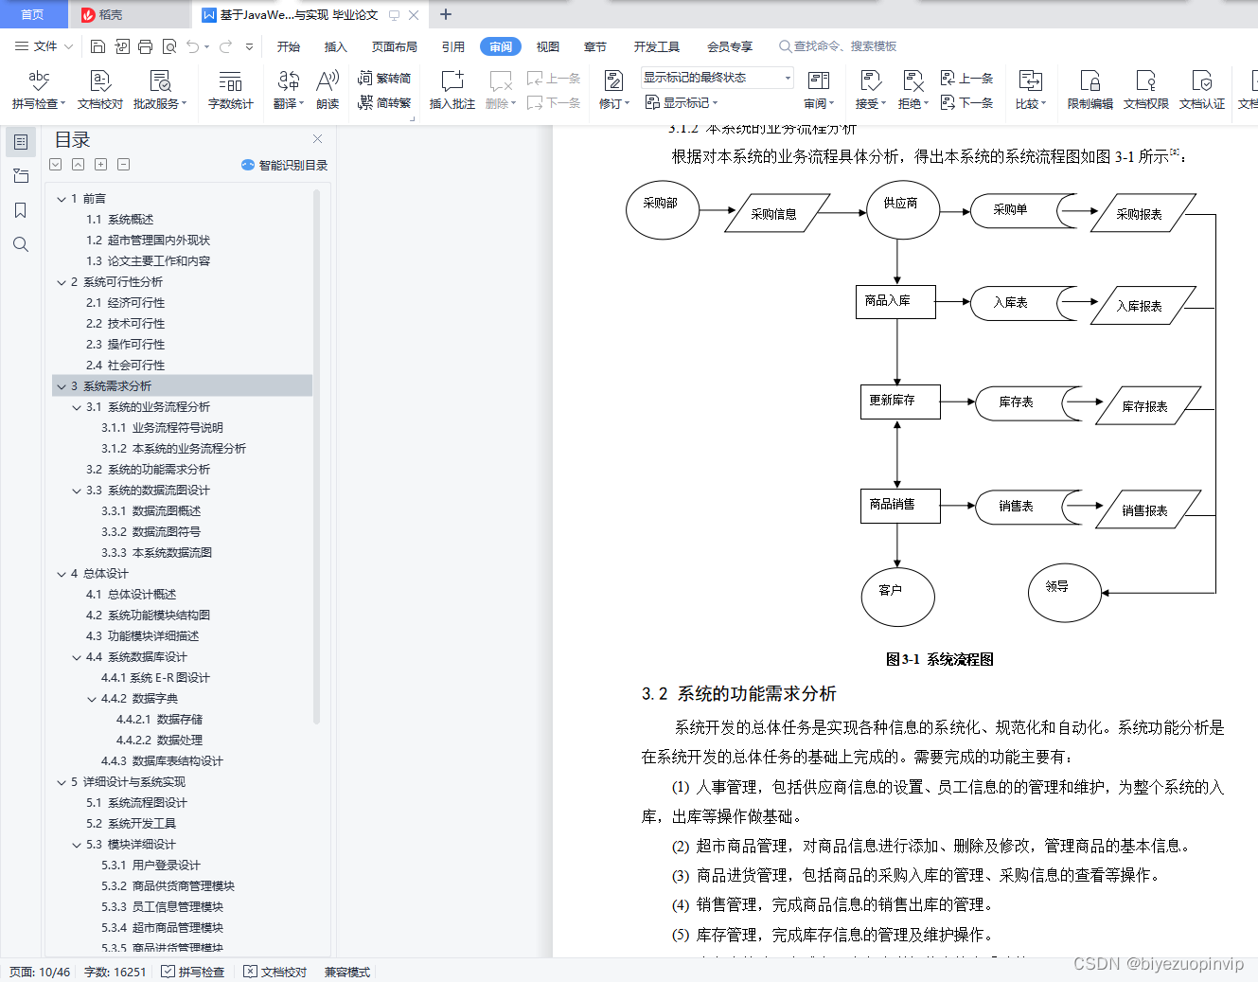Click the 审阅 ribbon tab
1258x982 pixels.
(x=501, y=46)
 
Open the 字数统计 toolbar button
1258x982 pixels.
(x=230, y=90)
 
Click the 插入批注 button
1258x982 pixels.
(x=452, y=90)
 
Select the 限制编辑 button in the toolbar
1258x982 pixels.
(x=1090, y=90)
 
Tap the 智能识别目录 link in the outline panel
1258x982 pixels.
(x=285, y=165)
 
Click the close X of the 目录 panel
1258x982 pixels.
(x=317, y=139)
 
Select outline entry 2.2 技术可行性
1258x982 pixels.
(x=125, y=324)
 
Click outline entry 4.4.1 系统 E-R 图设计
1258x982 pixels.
(x=155, y=678)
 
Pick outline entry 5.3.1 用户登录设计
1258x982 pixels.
(x=151, y=866)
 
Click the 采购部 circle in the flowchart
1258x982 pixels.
(x=663, y=209)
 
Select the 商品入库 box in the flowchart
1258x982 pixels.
(x=895, y=301)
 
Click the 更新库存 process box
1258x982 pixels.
(x=900, y=402)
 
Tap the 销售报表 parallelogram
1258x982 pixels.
(x=1146, y=510)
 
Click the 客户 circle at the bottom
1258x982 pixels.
(x=897, y=597)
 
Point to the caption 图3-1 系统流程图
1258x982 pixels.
(x=939, y=659)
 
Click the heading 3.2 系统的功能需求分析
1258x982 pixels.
(x=738, y=694)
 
